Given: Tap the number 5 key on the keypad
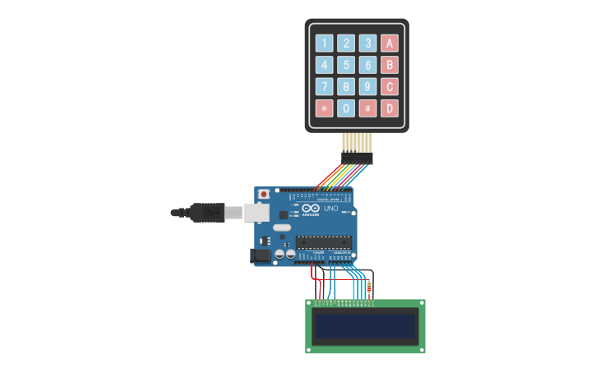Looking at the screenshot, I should click(x=346, y=65).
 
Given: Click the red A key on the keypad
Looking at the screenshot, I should click(x=390, y=44).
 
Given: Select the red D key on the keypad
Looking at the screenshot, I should click(x=390, y=108).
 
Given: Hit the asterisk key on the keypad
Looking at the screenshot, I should click(x=325, y=108).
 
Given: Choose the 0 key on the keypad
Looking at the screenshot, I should click(x=346, y=108).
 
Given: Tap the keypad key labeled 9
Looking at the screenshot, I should click(x=367, y=86).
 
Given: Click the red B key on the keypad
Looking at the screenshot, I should click(x=390, y=65).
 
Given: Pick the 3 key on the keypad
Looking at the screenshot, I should click(x=367, y=44).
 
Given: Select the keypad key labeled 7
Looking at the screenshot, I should click(x=325, y=86).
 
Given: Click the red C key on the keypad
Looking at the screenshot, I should click(x=390, y=86).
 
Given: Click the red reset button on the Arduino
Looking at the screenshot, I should click(x=264, y=195).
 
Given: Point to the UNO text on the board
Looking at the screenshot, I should click(x=330, y=209).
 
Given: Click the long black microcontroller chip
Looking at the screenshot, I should click(x=324, y=242).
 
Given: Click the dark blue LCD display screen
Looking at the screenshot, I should click(x=365, y=326).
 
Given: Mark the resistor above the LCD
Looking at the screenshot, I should click(x=368, y=287).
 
